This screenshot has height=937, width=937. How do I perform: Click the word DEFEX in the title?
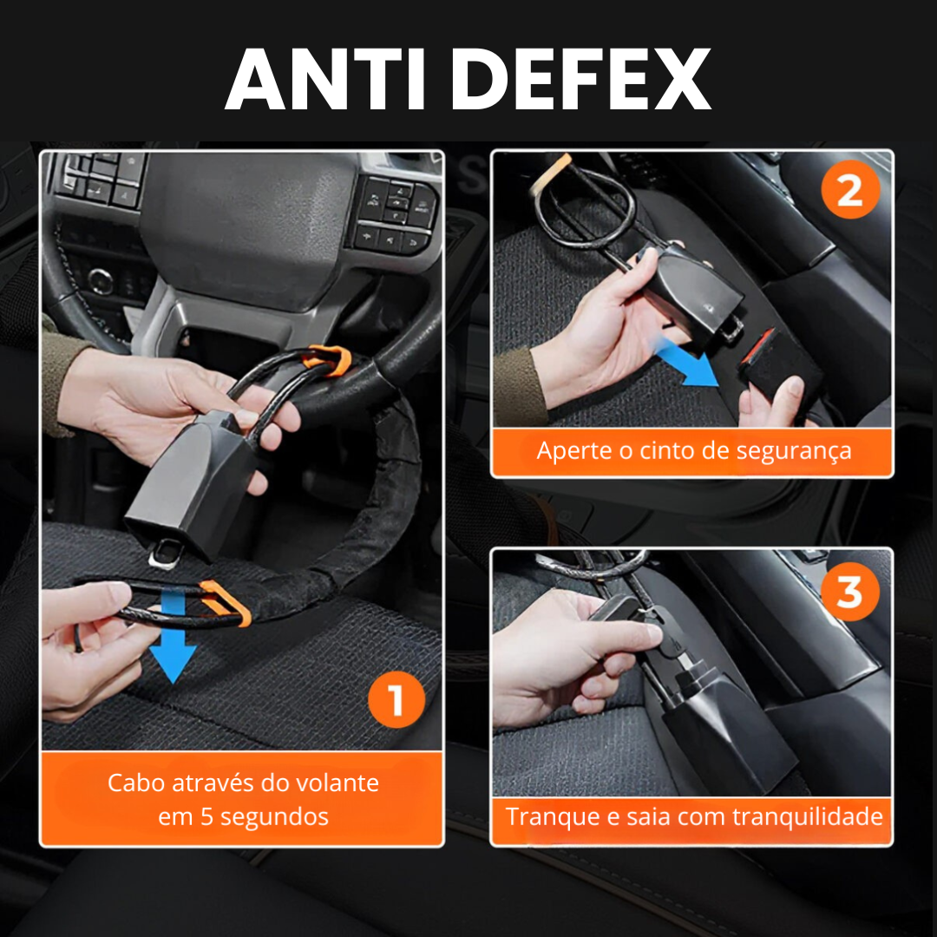580,79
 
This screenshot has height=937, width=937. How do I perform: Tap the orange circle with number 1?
396,701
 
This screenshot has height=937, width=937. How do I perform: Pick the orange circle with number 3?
849,593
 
